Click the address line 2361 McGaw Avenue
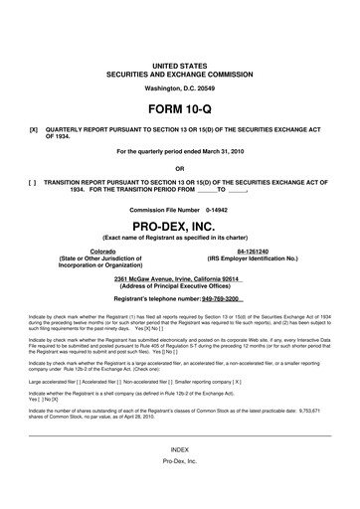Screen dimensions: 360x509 [x=179, y=278]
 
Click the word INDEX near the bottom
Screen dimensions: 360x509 [x=179, y=478]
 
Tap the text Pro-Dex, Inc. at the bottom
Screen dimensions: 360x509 [x=179, y=492]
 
